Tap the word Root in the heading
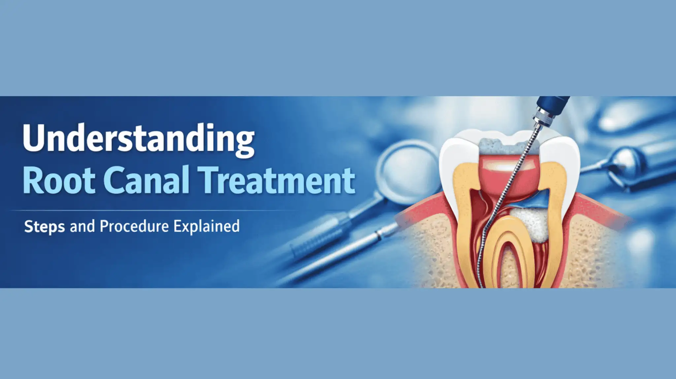point(59,181)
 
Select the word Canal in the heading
point(148,180)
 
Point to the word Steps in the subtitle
point(45,227)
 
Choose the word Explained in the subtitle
point(207,227)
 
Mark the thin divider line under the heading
point(153,210)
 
